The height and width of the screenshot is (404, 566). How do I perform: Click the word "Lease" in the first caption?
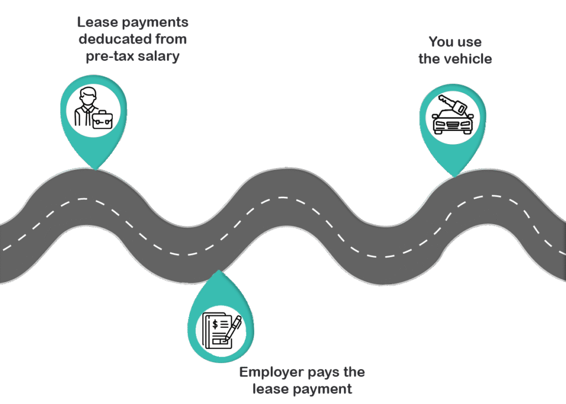pyautogui.click(x=96, y=23)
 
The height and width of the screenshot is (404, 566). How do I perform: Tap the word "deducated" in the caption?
pyautogui.click(x=110, y=39)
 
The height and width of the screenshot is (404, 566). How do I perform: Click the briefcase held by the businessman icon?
pyautogui.click(x=102, y=118)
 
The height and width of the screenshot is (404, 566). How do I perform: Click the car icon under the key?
pyautogui.click(x=453, y=122)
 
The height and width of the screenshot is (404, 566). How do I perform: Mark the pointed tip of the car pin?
pyautogui.click(x=453, y=177)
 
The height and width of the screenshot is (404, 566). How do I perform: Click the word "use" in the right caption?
pyautogui.click(x=470, y=42)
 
